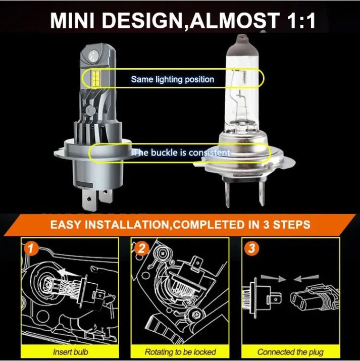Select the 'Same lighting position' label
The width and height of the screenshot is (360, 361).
pos(172,79)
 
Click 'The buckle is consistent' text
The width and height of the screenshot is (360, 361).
pos(181,152)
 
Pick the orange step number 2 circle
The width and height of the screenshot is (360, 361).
pos(141,248)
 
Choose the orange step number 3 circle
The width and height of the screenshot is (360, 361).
pos(251,248)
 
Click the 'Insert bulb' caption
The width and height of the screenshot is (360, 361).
pos(70,351)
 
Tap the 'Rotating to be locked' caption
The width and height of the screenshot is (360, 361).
pos(180,351)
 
